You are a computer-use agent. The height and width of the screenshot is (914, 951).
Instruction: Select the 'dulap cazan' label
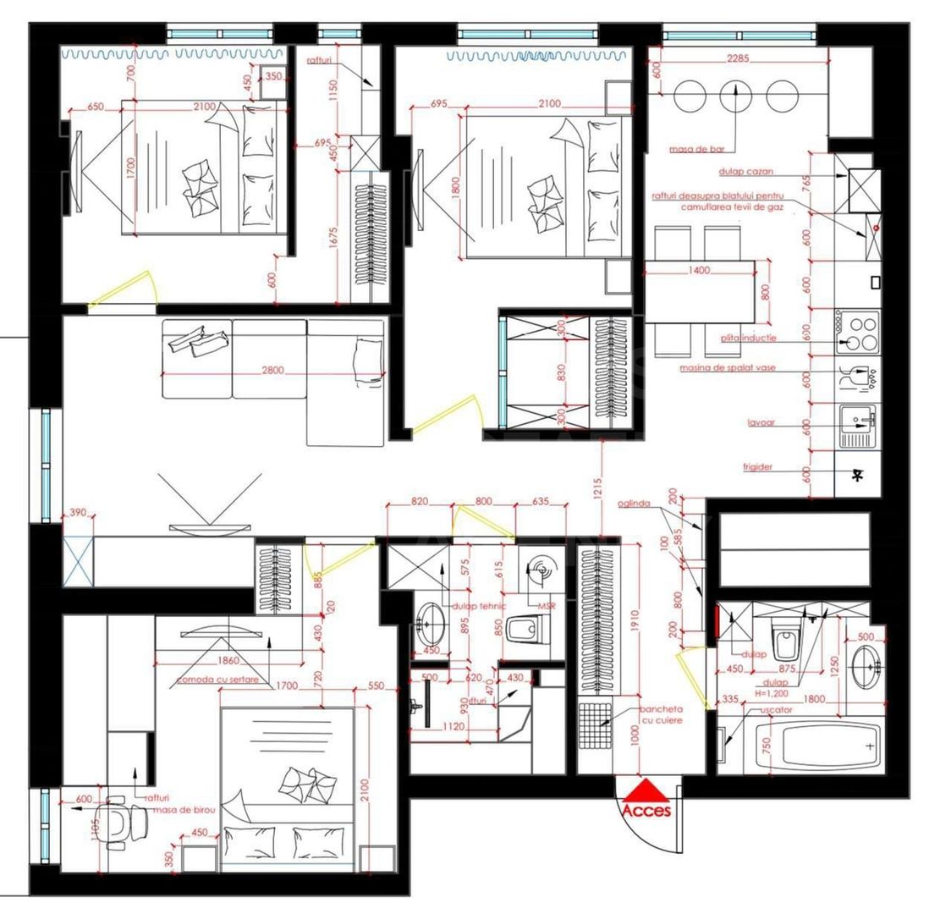(x=745, y=172)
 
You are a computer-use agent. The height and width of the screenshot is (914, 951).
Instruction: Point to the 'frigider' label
(x=758, y=467)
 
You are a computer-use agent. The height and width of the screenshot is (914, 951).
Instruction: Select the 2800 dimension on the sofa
(x=272, y=370)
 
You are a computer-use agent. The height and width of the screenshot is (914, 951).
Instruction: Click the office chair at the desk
(x=116, y=822)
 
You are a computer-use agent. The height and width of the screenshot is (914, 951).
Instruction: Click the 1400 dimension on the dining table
(x=699, y=271)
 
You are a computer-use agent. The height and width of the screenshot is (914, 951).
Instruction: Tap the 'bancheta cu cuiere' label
(x=660, y=714)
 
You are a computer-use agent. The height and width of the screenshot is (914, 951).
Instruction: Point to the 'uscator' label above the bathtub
(x=776, y=710)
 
